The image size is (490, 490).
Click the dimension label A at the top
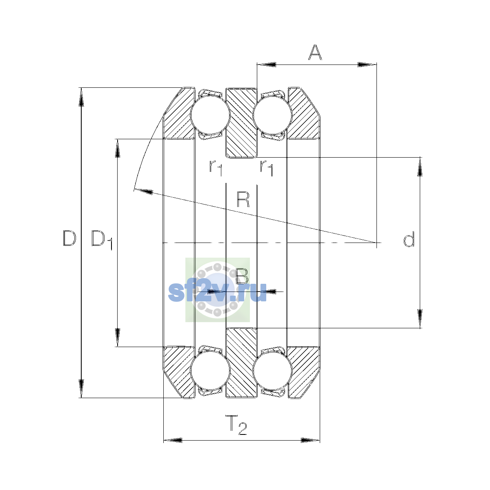(x=315, y=52)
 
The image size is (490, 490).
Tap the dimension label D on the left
(x=69, y=238)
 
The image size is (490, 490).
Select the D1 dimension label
(x=102, y=240)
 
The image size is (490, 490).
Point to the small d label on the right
(x=409, y=239)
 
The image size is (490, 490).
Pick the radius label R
(x=243, y=200)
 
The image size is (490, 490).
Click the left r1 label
(x=216, y=168)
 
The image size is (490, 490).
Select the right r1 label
(x=267, y=168)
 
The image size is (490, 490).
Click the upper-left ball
(x=210, y=115)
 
